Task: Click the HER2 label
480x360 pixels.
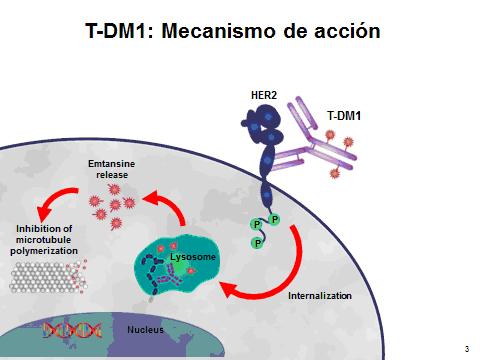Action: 264,95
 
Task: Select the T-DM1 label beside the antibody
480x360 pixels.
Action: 344,116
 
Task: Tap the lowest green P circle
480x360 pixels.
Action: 257,243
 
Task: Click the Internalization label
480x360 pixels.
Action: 320,296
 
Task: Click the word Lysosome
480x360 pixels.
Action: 193,257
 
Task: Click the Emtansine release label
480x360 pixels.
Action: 112,169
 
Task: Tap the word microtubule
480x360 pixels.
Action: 43,240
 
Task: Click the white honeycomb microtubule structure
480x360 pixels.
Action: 48,278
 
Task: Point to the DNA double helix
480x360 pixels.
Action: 72,330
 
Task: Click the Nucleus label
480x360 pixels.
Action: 145,330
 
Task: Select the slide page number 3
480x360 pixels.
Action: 467,349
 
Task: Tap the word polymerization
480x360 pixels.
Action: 44,251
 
